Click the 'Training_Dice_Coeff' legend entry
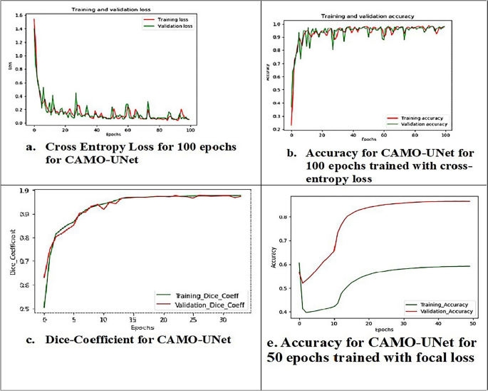pos(207,294)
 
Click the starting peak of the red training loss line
pos(33,19)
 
